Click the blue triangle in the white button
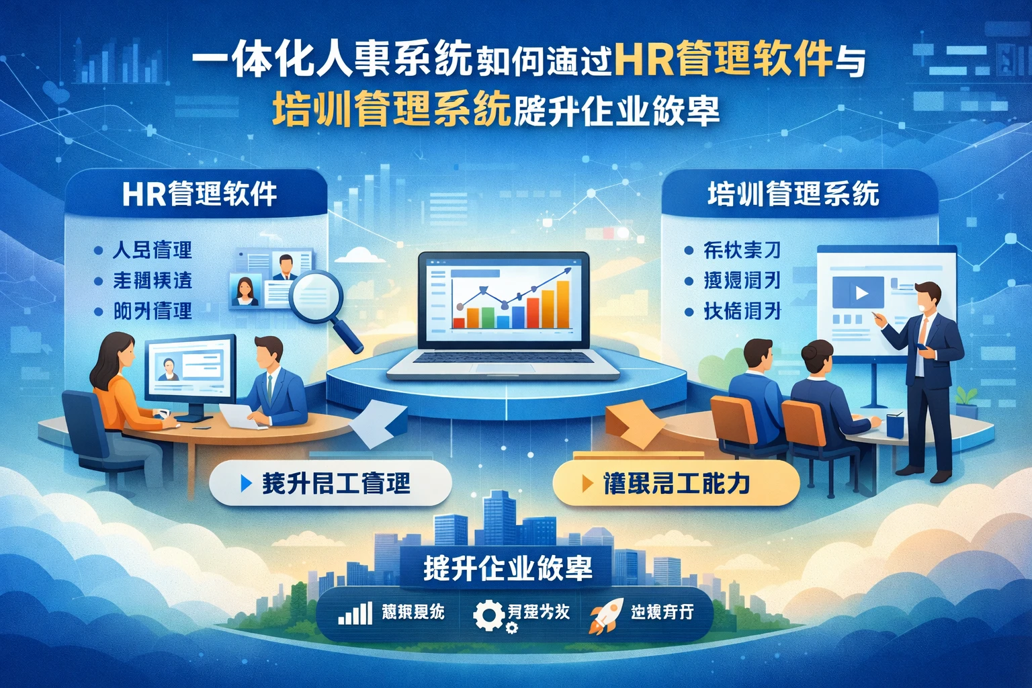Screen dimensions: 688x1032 [246, 483]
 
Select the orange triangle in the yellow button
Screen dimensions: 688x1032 [587, 483]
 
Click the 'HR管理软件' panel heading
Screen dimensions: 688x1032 [200, 194]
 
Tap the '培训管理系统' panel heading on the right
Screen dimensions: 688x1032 [793, 194]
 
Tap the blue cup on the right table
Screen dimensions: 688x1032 [894, 426]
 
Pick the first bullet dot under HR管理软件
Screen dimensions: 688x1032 [98, 251]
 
